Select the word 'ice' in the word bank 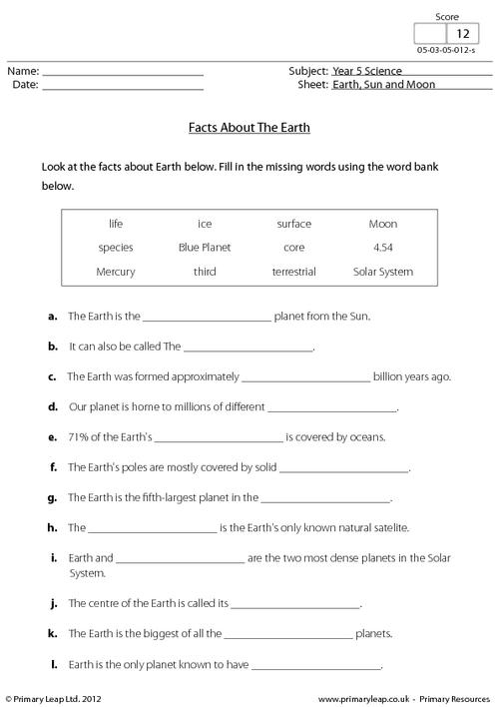click(205, 224)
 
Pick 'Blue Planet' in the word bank click(204, 247)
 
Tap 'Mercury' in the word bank click(116, 271)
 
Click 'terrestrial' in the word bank click(293, 271)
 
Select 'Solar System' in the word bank click(382, 271)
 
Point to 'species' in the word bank click(116, 247)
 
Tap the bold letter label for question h click(52, 526)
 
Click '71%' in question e click(79, 436)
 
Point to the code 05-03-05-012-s click(446, 51)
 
